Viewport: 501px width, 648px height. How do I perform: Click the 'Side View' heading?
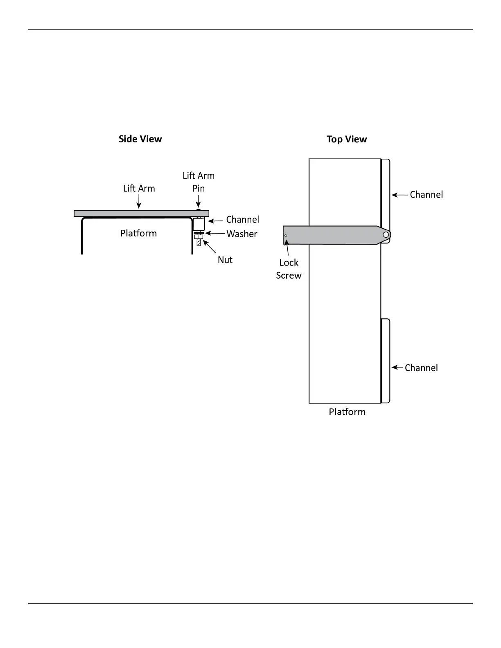[140, 139]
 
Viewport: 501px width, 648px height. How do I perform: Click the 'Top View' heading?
[347, 139]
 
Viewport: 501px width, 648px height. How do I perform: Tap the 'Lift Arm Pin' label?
[199, 182]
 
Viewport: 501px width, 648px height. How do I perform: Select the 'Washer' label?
[242, 234]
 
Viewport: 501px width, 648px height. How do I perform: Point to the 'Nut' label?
[225, 260]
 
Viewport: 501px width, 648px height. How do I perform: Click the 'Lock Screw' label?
[289, 269]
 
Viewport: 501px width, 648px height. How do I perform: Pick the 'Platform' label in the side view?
[138, 233]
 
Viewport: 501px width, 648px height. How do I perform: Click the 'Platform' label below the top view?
[347, 412]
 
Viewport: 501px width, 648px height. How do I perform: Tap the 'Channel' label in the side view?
[243, 220]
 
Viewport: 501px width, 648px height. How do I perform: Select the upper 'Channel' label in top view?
[427, 195]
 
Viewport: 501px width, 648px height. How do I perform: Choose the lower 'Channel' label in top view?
[421, 368]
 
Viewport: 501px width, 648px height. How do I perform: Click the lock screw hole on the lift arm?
[286, 236]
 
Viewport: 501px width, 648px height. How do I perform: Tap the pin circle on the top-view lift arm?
[386, 234]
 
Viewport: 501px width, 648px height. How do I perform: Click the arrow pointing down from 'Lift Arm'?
[139, 202]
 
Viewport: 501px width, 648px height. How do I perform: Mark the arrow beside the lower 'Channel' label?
[397, 367]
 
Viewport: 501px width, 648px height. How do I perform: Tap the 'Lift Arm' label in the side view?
[139, 189]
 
